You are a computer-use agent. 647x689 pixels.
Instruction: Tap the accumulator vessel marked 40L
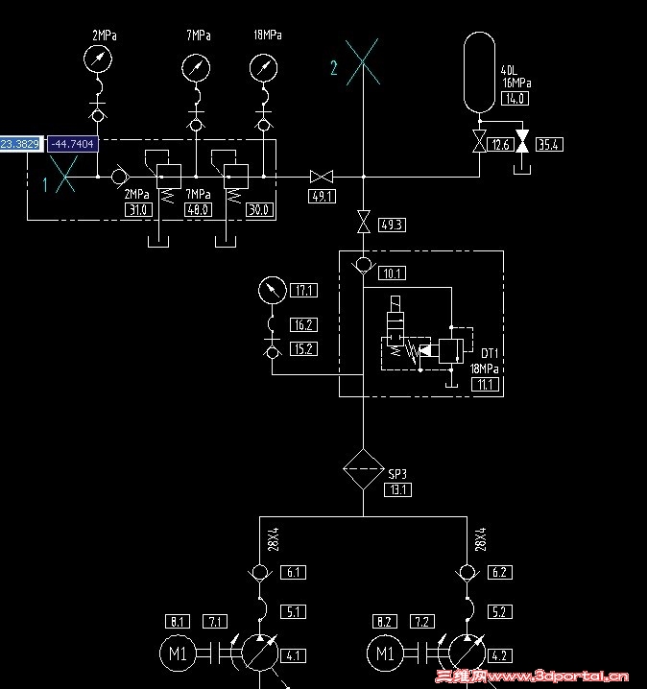pyautogui.click(x=479, y=71)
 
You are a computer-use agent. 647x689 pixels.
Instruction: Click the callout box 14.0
pyautogui.click(x=515, y=99)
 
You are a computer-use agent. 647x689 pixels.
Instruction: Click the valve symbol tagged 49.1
pyautogui.click(x=320, y=177)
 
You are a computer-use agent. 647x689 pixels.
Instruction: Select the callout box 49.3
pyautogui.click(x=392, y=226)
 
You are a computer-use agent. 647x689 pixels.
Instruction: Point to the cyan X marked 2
pyautogui.click(x=362, y=62)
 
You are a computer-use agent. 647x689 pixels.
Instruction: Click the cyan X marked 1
pyautogui.click(x=65, y=177)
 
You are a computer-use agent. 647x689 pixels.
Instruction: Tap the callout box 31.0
pyautogui.click(x=138, y=209)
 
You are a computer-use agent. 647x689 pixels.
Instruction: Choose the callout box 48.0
pyautogui.click(x=198, y=209)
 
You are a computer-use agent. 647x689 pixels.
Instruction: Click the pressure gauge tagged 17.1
pyautogui.click(x=272, y=289)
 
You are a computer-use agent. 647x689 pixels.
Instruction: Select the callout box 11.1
pyautogui.click(x=486, y=385)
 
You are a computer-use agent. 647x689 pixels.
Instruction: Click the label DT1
pyautogui.click(x=491, y=353)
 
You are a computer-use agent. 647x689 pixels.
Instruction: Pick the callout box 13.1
pyautogui.click(x=398, y=489)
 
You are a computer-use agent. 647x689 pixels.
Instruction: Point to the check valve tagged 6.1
pyautogui.click(x=260, y=573)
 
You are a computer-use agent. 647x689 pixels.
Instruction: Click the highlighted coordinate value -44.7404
pyautogui.click(x=72, y=144)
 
